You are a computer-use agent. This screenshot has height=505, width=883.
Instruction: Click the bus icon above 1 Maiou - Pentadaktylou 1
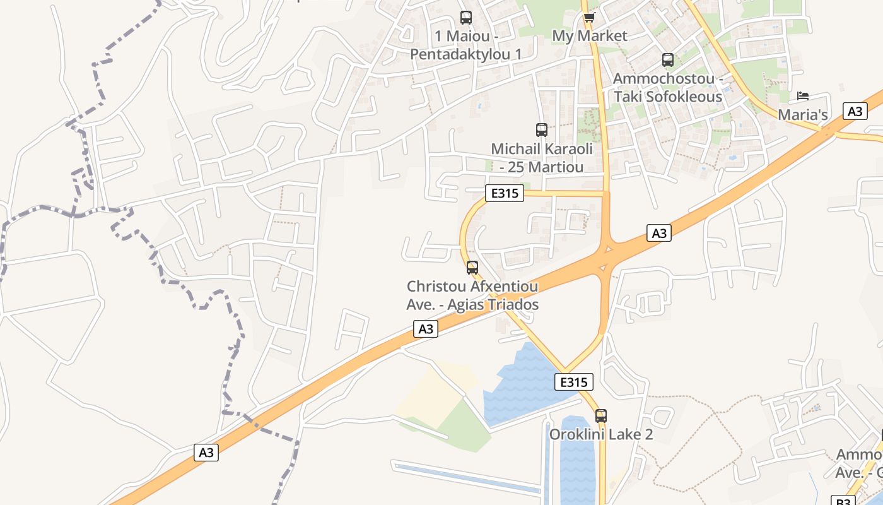coord(466,18)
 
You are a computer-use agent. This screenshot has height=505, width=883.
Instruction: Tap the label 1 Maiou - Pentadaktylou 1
coord(466,45)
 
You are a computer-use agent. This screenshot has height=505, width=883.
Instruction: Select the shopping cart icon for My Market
coord(589,17)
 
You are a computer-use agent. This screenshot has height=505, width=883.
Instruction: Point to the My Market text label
coord(590,36)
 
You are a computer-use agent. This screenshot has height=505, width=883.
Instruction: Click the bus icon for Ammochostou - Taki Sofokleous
coord(668,60)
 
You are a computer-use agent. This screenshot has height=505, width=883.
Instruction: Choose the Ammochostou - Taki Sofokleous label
coord(668,88)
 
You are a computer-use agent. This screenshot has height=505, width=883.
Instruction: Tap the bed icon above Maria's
coord(802,97)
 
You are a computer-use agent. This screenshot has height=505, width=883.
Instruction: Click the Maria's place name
coord(802,115)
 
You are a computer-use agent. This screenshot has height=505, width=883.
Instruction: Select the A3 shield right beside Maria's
coord(855,111)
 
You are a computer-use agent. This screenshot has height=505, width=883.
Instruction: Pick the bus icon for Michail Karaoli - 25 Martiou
coord(542,130)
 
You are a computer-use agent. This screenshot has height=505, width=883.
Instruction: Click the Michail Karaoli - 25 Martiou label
coord(542,158)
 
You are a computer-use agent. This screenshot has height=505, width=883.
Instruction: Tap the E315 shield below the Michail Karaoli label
coord(505,193)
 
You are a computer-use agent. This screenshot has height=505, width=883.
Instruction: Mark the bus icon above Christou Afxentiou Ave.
coord(472,268)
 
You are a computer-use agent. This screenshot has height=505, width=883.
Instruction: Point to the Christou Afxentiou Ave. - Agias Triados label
coord(472,295)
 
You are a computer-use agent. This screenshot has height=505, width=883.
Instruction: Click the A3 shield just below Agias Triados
coord(426,328)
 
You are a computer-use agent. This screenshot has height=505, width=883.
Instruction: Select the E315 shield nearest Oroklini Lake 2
coord(574,382)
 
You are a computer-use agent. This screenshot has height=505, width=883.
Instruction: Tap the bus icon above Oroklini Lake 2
coord(601,416)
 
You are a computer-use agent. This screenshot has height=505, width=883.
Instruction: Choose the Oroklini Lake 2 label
coord(600,434)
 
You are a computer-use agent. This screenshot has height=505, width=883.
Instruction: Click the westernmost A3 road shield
coord(206,452)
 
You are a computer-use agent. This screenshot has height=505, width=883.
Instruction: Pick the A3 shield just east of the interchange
coord(658,233)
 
